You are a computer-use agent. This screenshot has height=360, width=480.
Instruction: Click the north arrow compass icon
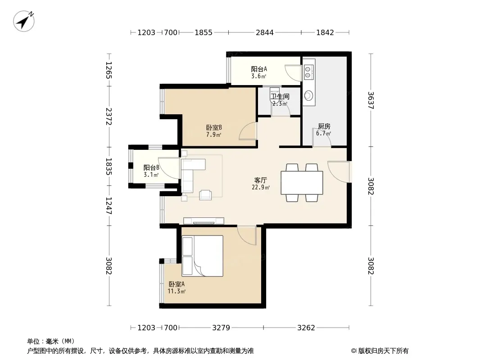pos(23,21)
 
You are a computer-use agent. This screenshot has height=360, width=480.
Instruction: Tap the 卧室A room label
pos(177,284)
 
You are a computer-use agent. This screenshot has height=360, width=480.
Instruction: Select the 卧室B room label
pos(214,127)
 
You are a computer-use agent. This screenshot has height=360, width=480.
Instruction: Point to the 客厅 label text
pos(261,180)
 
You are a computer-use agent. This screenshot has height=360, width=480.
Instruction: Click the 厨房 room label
pos(324,126)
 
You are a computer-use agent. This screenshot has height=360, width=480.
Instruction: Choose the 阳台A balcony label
pos(259,69)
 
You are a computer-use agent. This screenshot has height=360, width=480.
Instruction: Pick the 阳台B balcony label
pos(152,167)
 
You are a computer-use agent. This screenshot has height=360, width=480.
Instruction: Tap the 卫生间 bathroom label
pos(280,97)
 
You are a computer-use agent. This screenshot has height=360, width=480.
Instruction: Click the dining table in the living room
pos(302,183)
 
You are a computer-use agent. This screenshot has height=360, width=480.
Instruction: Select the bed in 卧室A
pos(202,256)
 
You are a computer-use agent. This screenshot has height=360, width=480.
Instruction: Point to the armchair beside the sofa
pos(205,195)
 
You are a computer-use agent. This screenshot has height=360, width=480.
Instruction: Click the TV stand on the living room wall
pos(204,221)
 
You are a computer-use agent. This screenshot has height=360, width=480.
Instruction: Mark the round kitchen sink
pos(308,96)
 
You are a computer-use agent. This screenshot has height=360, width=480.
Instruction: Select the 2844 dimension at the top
pos(265,32)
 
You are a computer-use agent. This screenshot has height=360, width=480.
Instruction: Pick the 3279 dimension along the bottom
pos(221,328)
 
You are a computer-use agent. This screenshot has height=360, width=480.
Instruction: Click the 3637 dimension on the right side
pos(371,100)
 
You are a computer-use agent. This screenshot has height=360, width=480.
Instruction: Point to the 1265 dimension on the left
pos(109,70)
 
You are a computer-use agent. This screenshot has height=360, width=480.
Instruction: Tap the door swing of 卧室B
pos(248,131)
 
